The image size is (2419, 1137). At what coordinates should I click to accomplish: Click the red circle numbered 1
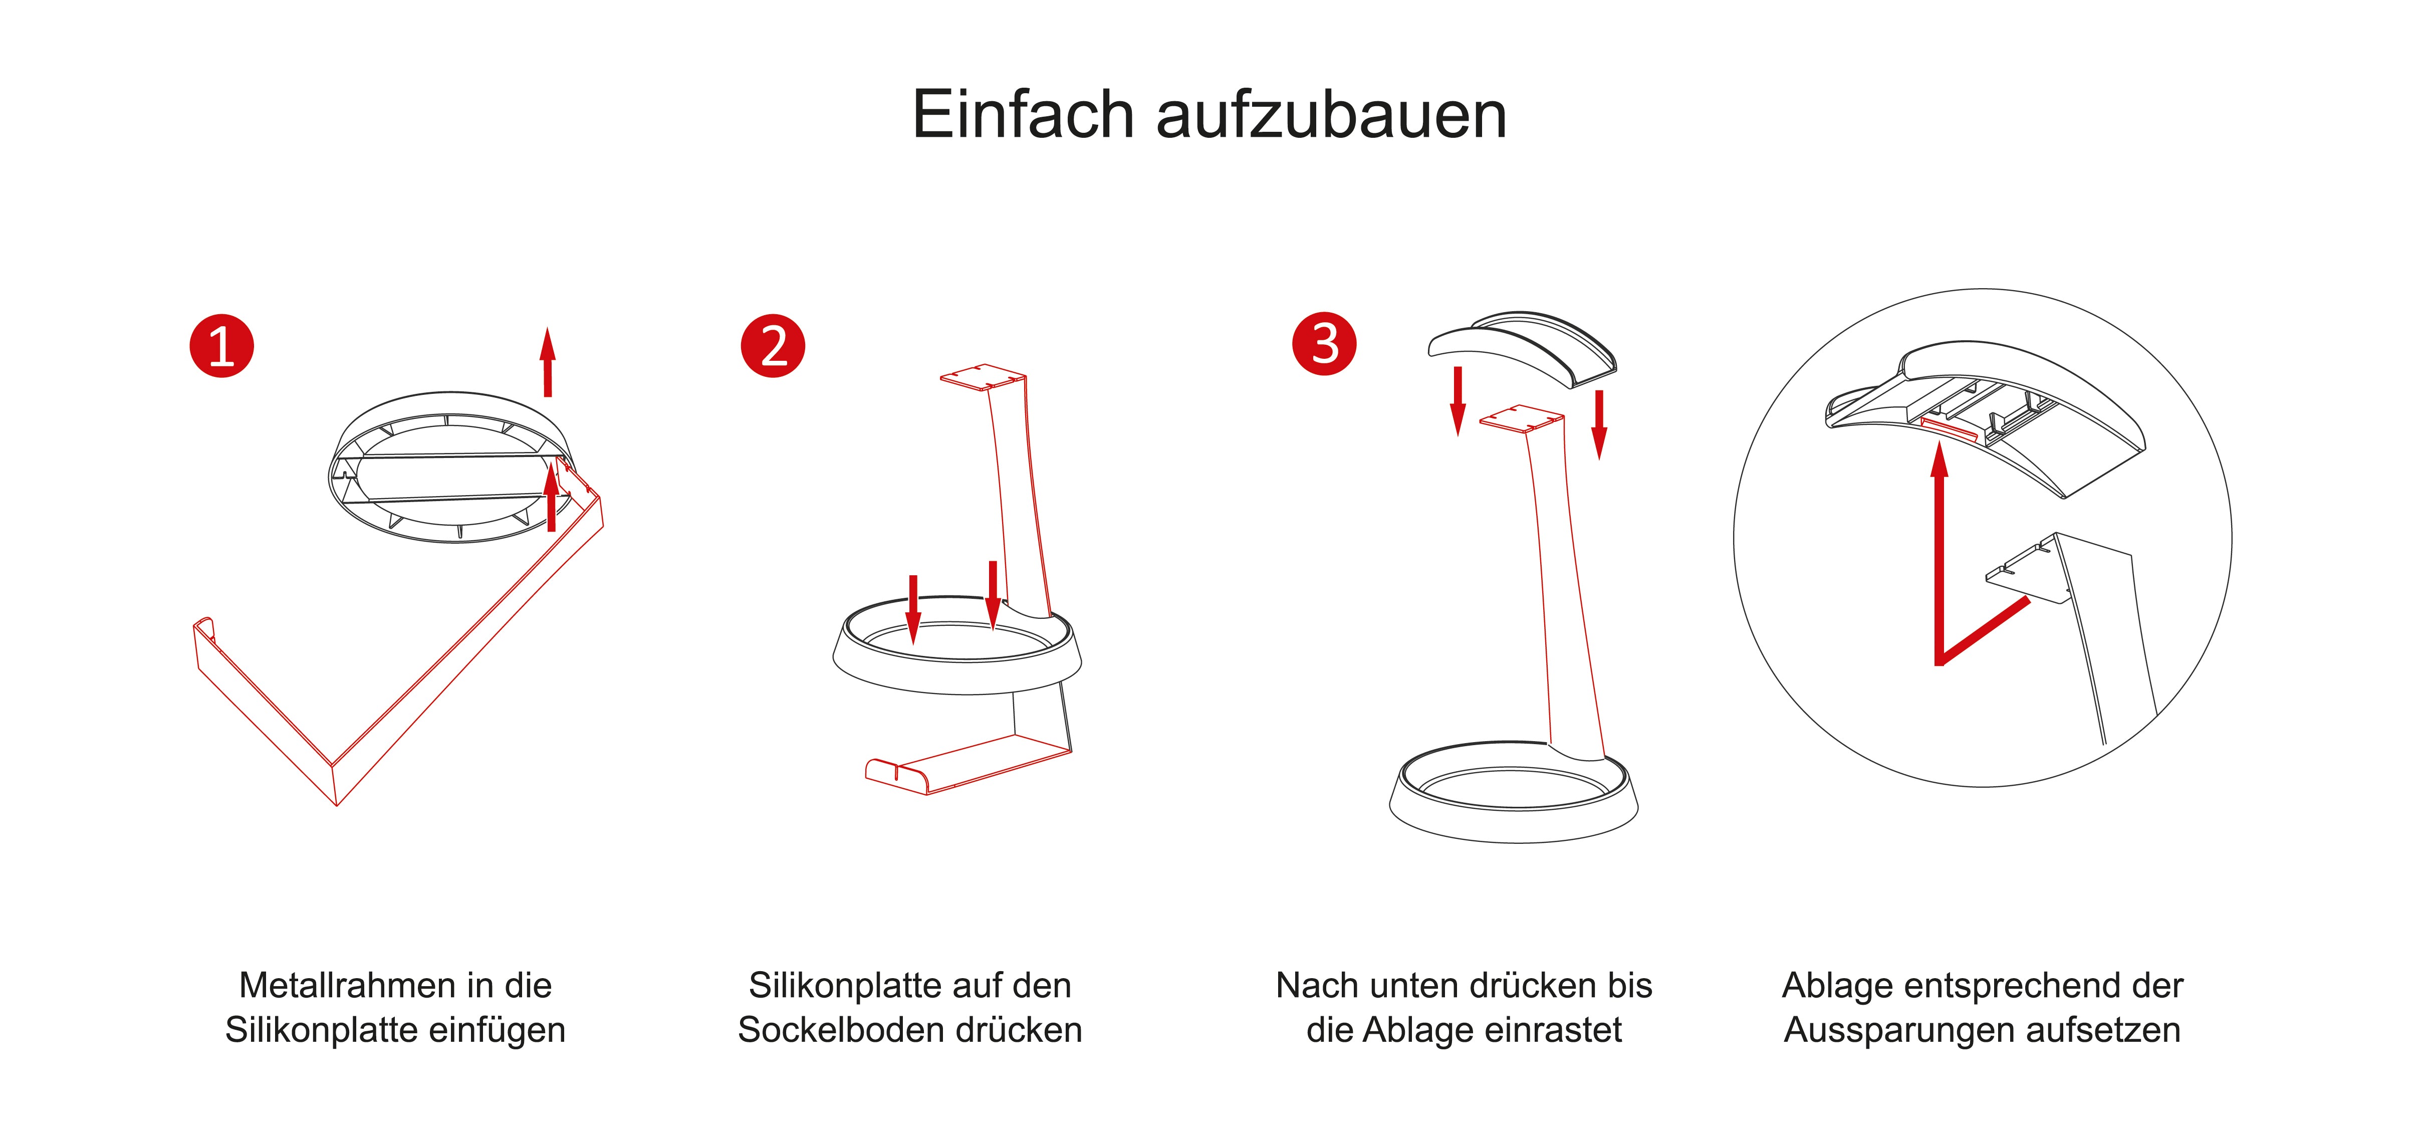221,346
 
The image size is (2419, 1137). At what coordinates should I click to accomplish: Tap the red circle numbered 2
773,346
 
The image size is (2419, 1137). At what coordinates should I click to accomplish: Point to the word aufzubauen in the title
1332,115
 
